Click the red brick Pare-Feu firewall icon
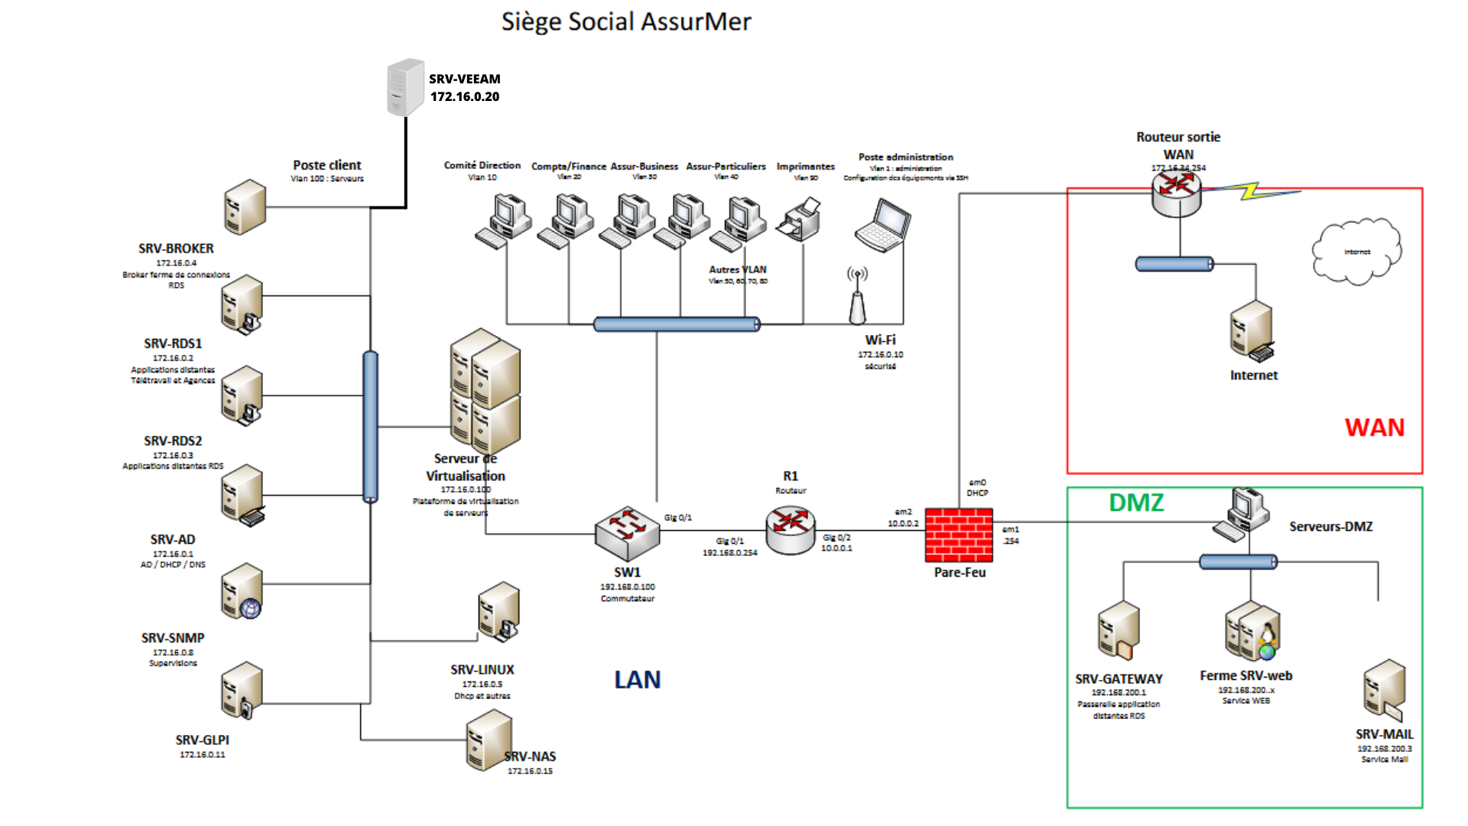959,535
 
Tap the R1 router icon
790,529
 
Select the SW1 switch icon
627,533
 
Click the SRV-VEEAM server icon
405,87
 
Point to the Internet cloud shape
1356,252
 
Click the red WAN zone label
1374,427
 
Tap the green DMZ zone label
1136,502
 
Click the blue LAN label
637,679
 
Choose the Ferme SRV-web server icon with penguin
1252,633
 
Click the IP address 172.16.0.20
464,96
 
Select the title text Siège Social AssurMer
625,21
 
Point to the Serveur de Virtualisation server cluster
486,390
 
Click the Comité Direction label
482,165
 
